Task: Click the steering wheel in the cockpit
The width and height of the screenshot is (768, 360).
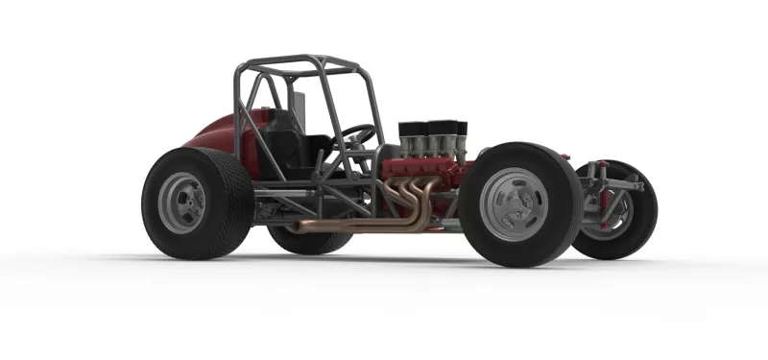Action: [x=357, y=134]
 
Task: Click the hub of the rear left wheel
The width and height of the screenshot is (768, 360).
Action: [x=181, y=203]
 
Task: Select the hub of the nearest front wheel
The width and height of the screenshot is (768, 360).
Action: [x=516, y=204]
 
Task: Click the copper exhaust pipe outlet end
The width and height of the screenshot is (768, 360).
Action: [x=298, y=228]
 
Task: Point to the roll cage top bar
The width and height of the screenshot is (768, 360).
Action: [x=298, y=63]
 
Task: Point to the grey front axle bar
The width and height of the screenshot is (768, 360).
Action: [x=624, y=182]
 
